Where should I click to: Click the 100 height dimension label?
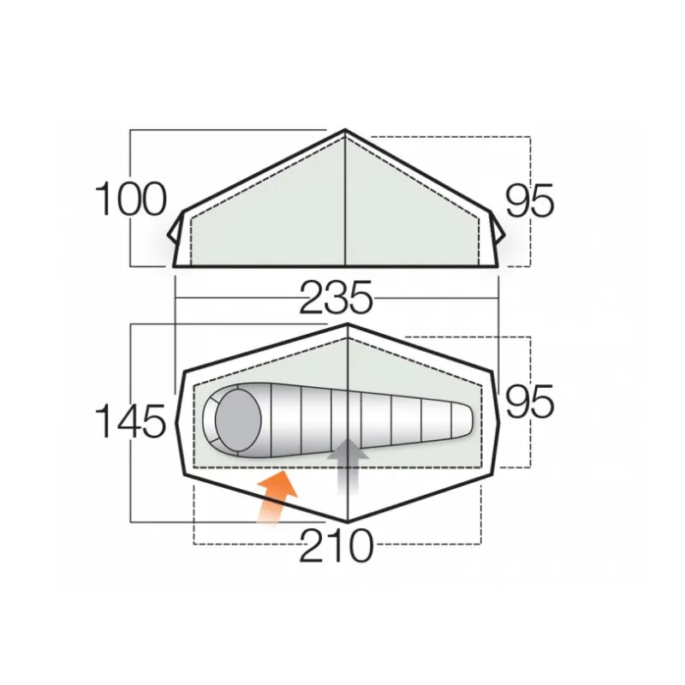[131, 200]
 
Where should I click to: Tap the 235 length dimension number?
[336, 297]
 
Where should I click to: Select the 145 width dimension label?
[131, 420]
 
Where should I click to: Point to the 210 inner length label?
[337, 545]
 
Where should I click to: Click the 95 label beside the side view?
[530, 200]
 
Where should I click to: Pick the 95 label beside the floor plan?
[530, 401]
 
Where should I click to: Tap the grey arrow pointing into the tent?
[348, 467]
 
